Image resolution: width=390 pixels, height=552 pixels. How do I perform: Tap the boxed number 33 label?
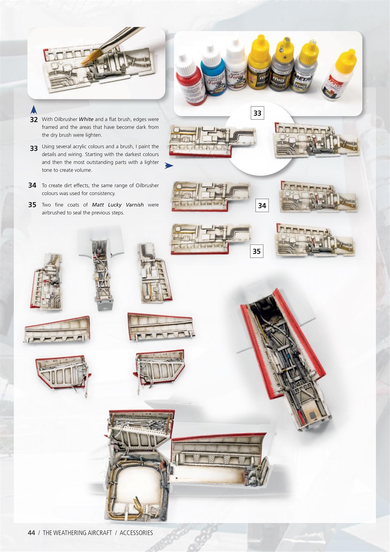click(x=257, y=113)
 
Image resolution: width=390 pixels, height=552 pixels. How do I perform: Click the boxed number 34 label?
click(x=262, y=206)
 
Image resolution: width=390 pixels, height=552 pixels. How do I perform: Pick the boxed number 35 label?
click(x=256, y=251)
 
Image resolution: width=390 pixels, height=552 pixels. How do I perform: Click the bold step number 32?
click(x=34, y=119)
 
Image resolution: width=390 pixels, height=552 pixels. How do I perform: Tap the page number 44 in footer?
click(x=31, y=533)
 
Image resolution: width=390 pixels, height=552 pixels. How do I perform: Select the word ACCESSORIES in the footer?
click(x=136, y=533)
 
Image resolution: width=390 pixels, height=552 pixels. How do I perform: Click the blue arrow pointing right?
click(x=168, y=165)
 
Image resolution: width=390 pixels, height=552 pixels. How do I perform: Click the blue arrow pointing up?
click(x=34, y=110)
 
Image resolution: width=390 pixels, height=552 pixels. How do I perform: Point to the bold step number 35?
click(x=32, y=205)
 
